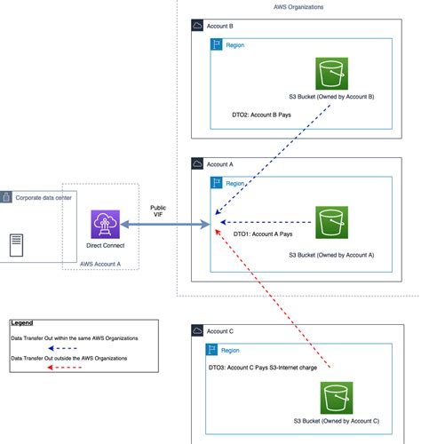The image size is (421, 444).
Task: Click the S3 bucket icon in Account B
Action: (332, 73)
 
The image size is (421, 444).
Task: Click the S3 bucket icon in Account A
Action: (332, 222)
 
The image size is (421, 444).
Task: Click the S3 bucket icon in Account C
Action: (338, 397)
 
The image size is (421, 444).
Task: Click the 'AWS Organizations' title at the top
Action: (298, 6)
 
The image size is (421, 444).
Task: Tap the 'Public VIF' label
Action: (158, 211)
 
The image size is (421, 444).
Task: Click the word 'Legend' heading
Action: (23, 323)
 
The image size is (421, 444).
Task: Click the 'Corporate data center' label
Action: (44, 196)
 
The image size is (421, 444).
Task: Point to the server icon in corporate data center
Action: (16, 245)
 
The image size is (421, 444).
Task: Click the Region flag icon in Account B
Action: (218, 44)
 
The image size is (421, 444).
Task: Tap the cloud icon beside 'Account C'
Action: (197, 330)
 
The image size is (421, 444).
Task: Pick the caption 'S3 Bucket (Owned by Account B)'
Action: (331, 96)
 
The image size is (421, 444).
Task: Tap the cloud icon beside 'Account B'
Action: (198, 27)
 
